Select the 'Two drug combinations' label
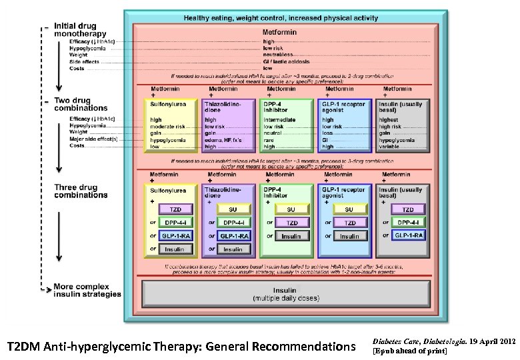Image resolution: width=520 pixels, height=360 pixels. [81, 103]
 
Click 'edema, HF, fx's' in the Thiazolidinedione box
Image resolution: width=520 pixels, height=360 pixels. [222, 139]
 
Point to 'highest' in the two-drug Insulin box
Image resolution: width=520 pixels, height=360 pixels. [389, 120]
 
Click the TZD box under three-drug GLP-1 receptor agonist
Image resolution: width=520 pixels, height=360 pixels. [350, 222]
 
